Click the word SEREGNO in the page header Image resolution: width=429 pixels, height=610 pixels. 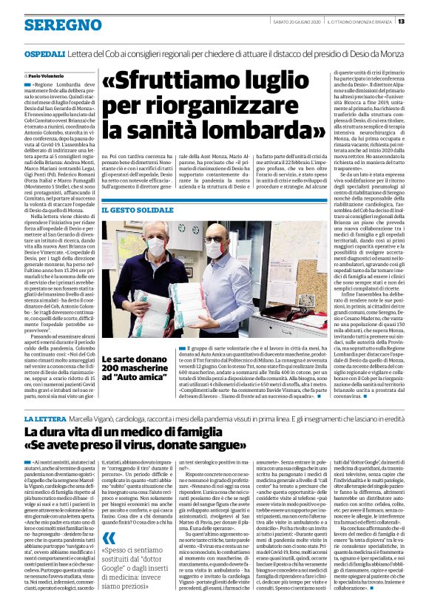click(53, 24)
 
